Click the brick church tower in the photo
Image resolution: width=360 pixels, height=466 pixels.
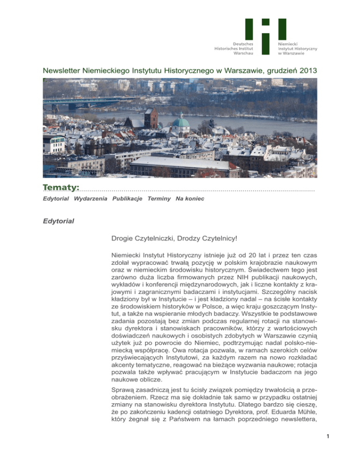[x=150, y=118]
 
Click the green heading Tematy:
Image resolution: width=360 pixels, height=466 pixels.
[x=61, y=188]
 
